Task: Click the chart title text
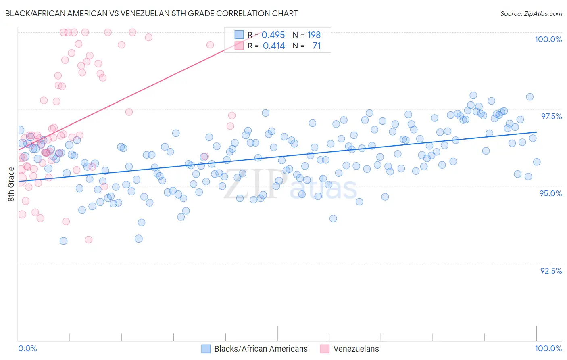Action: tap(151, 13)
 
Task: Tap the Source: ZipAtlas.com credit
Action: tap(531, 13)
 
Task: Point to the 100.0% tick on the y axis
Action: tap(548, 39)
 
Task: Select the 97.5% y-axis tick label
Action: tap(551, 116)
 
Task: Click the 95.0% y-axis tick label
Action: tap(550, 193)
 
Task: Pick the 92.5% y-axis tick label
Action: tap(551, 271)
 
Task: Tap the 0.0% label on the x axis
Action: tap(27, 348)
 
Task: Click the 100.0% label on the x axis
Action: tap(548, 348)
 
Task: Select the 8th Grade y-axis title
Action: tap(11, 184)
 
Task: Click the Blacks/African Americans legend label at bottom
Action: tap(261, 349)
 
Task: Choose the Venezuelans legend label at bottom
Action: tap(356, 349)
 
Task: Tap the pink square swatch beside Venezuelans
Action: tap(325, 349)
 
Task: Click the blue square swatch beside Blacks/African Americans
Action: tap(206, 349)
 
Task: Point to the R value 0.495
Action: tap(273, 35)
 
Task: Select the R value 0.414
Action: tap(273, 46)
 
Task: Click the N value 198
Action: tap(314, 35)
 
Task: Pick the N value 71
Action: tap(317, 46)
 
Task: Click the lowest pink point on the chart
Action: tap(88, 240)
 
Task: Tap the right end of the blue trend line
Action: tap(537, 132)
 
